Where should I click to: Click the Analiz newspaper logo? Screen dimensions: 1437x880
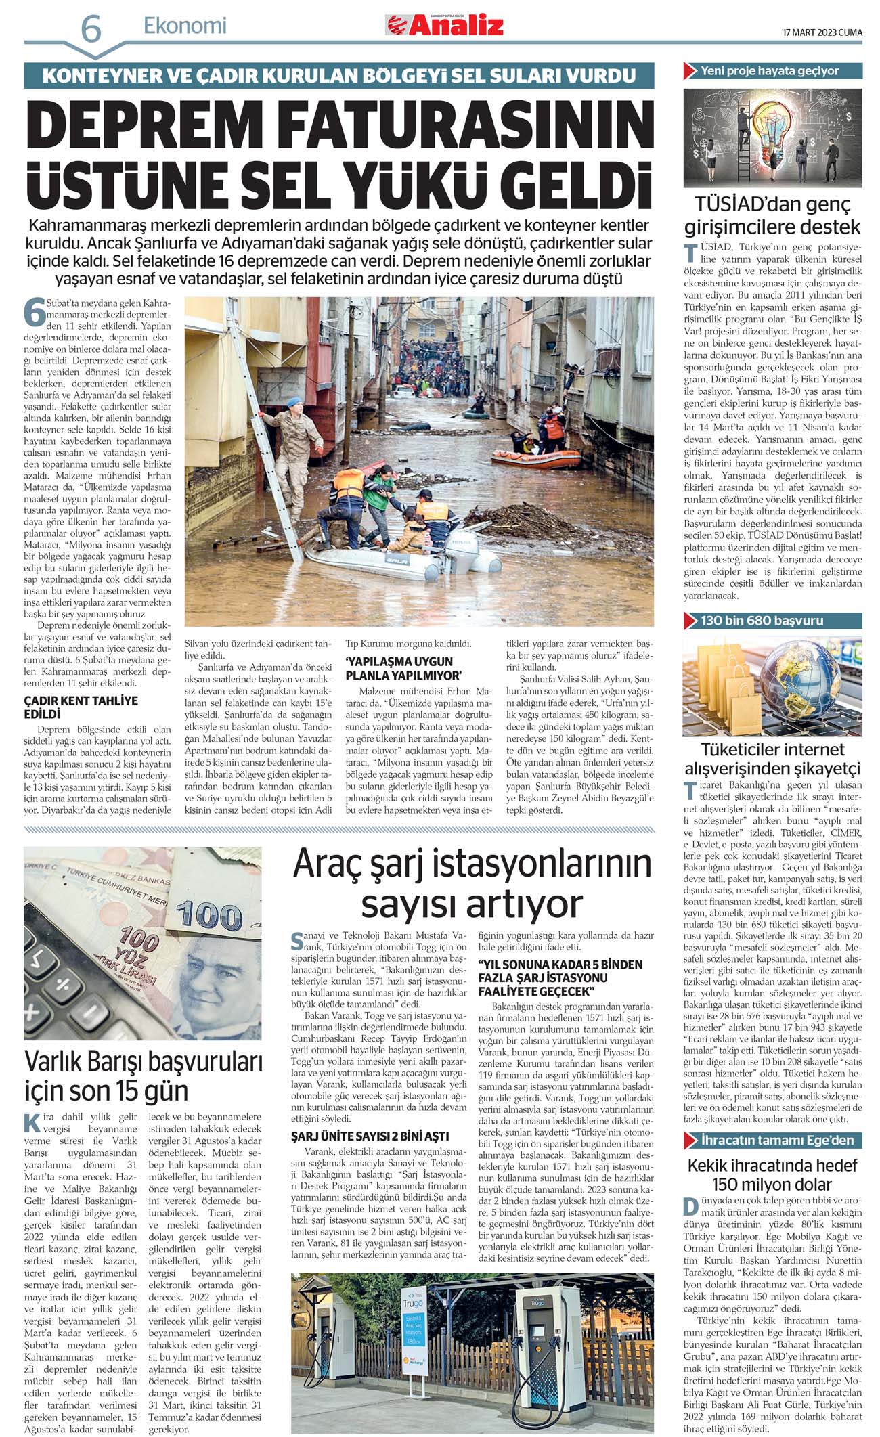[445, 26]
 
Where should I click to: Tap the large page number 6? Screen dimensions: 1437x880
[91, 30]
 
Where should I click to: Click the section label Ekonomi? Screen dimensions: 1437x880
[185, 26]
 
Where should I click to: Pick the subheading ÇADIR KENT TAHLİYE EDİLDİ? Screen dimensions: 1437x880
[81, 707]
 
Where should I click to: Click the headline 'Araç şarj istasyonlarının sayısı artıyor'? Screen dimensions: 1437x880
[472, 884]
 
